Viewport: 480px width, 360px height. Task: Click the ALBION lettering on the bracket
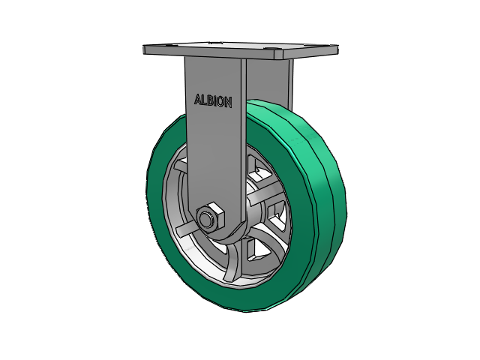213,100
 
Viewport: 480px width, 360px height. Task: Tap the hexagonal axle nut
210,217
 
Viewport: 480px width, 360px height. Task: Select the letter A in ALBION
198,99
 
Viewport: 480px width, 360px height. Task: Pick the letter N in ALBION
228,103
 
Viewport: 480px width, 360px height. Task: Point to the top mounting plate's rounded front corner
278,55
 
